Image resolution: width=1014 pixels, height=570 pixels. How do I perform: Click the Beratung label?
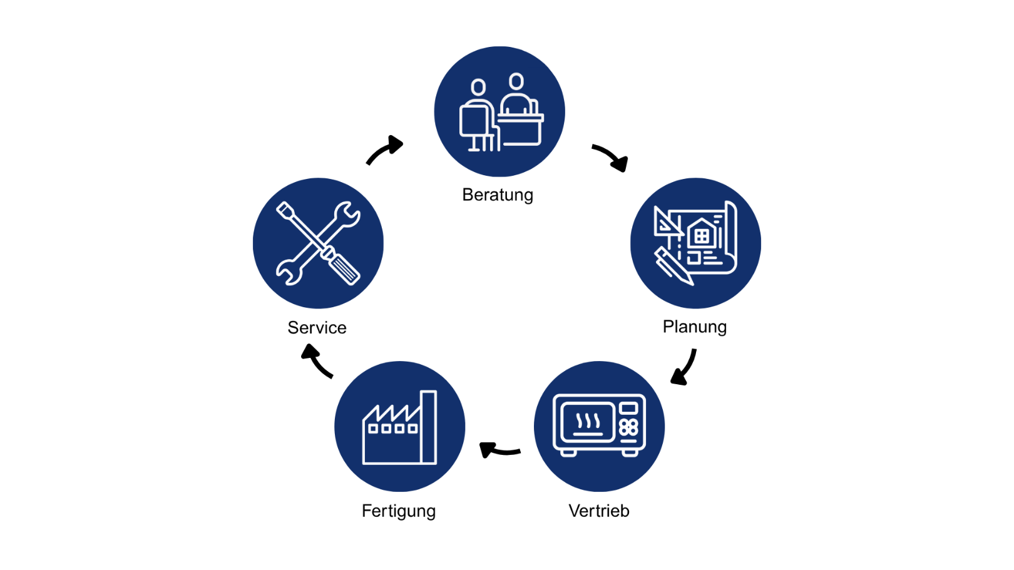point(498,195)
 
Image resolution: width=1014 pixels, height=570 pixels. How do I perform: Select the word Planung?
point(694,327)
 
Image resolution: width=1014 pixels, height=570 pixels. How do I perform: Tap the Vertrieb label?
point(598,511)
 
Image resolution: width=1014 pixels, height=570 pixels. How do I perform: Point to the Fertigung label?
point(399,511)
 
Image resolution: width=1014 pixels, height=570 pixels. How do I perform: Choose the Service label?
point(317,328)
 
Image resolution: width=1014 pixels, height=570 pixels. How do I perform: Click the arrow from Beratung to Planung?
point(610,157)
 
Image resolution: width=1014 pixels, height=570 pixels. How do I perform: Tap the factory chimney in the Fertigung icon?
point(429,427)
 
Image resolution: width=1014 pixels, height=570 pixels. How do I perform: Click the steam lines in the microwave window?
point(588,420)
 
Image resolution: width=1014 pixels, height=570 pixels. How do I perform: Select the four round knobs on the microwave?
point(628,427)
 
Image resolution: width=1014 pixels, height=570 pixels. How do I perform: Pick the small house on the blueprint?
point(701,233)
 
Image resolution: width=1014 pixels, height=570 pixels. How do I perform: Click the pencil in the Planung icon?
point(673,266)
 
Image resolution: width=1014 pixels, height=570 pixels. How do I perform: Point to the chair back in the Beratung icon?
point(473,121)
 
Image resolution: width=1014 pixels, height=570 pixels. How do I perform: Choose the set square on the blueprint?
point(665,222)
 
